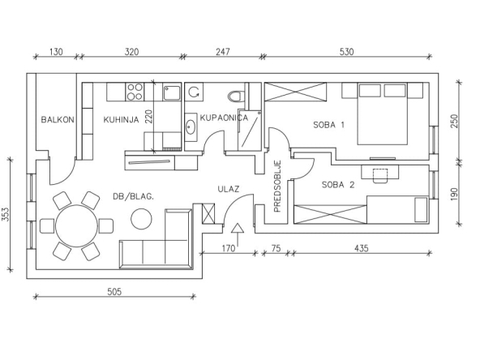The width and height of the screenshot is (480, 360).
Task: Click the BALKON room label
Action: point(58,119)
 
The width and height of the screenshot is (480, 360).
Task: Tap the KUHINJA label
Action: point(121,119)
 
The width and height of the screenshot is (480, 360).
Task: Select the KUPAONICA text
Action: point(224,118)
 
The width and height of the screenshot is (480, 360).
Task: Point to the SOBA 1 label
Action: point(328,125)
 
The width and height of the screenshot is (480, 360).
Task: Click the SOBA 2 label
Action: point(338,185)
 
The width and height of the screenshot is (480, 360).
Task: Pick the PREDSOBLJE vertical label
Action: point(277,186)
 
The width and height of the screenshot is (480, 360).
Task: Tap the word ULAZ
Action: point(229,189)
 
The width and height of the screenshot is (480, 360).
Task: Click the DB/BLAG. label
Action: point(134,196)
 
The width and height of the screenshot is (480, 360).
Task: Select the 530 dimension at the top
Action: point(346,52)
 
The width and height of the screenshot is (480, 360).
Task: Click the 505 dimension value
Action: point(114,292)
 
